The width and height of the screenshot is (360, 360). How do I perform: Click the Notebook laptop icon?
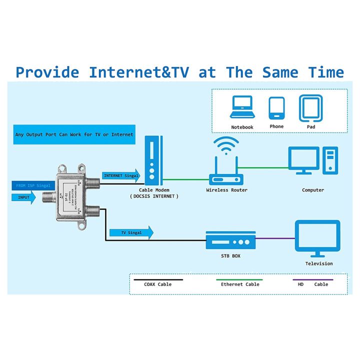242,107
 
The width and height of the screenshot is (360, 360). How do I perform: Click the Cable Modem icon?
153,161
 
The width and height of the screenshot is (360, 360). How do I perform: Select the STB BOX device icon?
230,241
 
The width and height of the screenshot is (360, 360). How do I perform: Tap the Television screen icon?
318,237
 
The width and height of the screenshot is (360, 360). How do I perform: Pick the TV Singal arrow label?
130,232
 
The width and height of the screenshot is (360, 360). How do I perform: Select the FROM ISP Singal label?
33,185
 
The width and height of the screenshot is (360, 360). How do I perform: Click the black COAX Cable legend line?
158,280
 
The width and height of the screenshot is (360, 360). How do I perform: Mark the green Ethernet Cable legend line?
240,280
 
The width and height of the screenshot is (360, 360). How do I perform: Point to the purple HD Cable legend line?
312,280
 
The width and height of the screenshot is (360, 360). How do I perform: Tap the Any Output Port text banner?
74,134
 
